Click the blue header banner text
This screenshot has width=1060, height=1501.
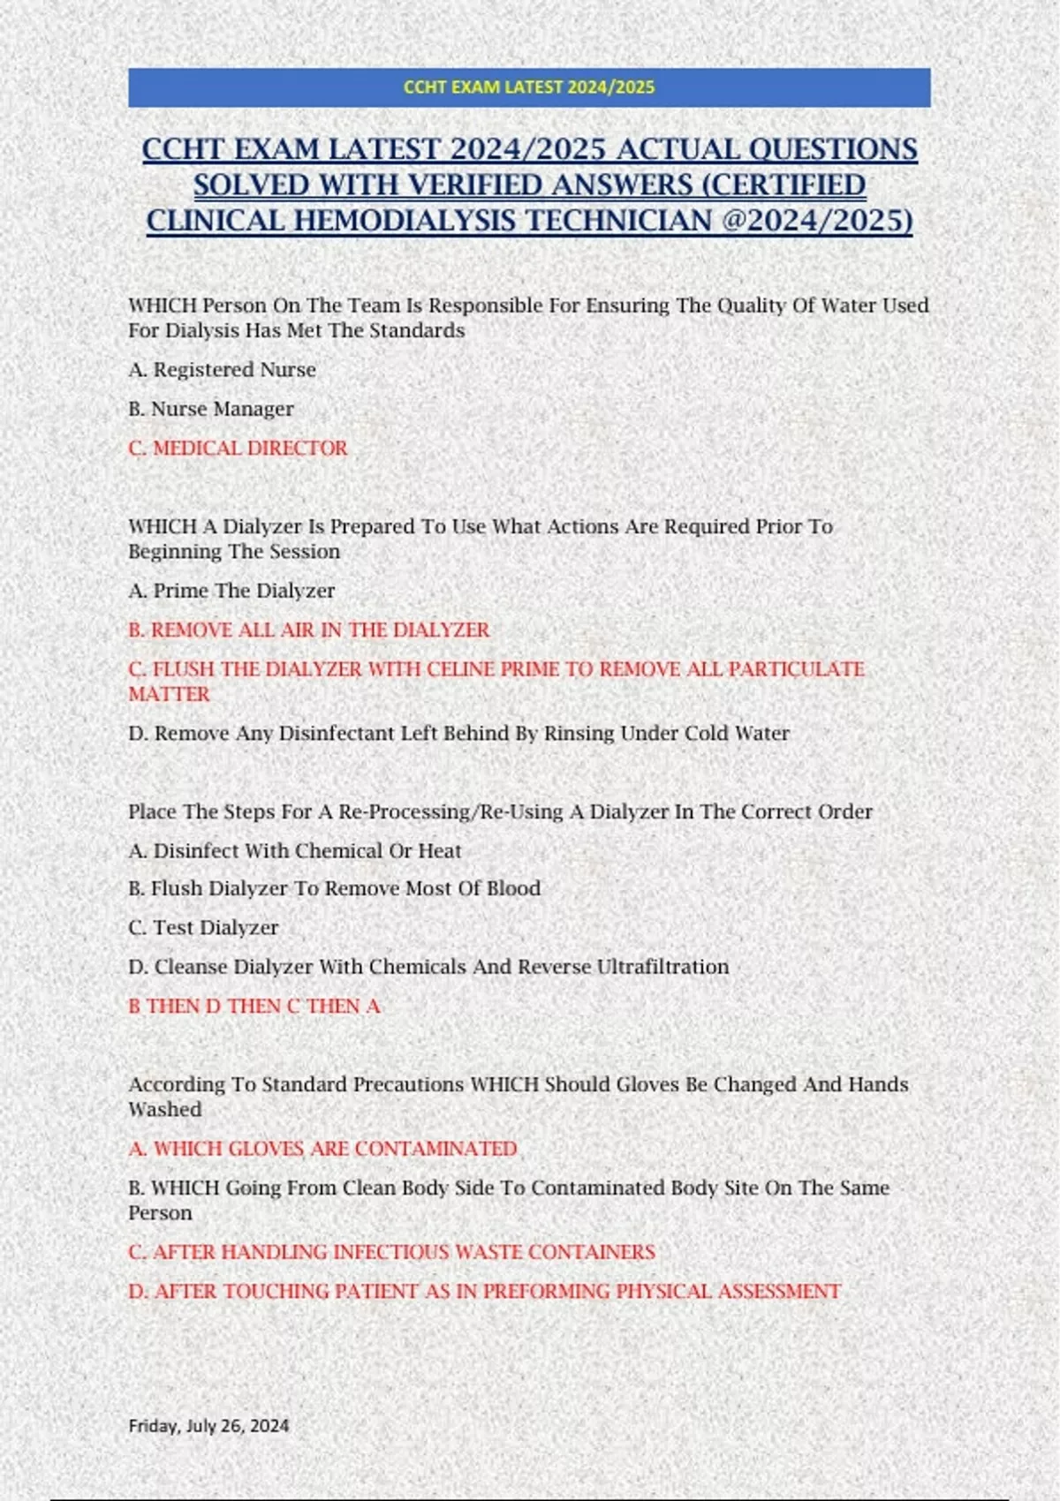(x=529, y=87)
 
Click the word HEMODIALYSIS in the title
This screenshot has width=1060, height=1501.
(x=502, y=220)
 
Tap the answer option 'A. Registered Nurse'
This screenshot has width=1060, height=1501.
(x=222, y=370)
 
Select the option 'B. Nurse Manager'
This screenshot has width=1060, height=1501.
(x=211, y=409)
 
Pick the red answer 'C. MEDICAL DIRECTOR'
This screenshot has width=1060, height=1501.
(x=238, y=449)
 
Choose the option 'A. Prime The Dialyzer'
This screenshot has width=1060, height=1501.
(x=231, y=591)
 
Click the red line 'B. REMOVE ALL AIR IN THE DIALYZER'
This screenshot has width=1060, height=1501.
(x=308, y=630)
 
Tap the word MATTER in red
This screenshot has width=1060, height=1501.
(x=169, y=695)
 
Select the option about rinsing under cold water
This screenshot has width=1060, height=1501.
(x=458, y=734)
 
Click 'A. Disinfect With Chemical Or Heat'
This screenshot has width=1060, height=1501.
(x=295, y=851)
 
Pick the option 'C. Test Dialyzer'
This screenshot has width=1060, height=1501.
(x=203, y=928)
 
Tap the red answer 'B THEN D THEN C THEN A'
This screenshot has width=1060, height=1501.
(x=254, y=1007)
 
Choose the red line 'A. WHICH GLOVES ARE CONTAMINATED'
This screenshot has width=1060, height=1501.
(x=322, y=1149)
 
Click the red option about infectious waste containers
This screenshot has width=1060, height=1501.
(x=391, y=1252)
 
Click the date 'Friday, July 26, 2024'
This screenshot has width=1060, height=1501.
(x=208, y=1425)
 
